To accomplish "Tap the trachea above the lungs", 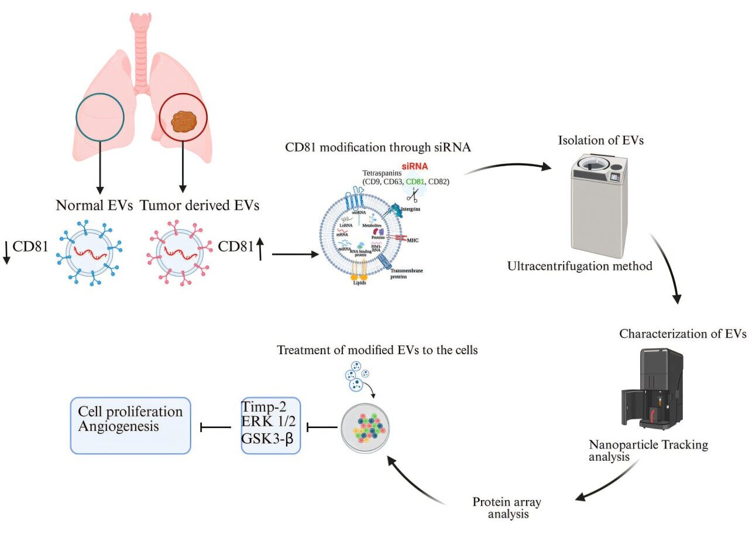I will click(141, 53).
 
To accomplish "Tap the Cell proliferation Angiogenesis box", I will click(130, 426).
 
